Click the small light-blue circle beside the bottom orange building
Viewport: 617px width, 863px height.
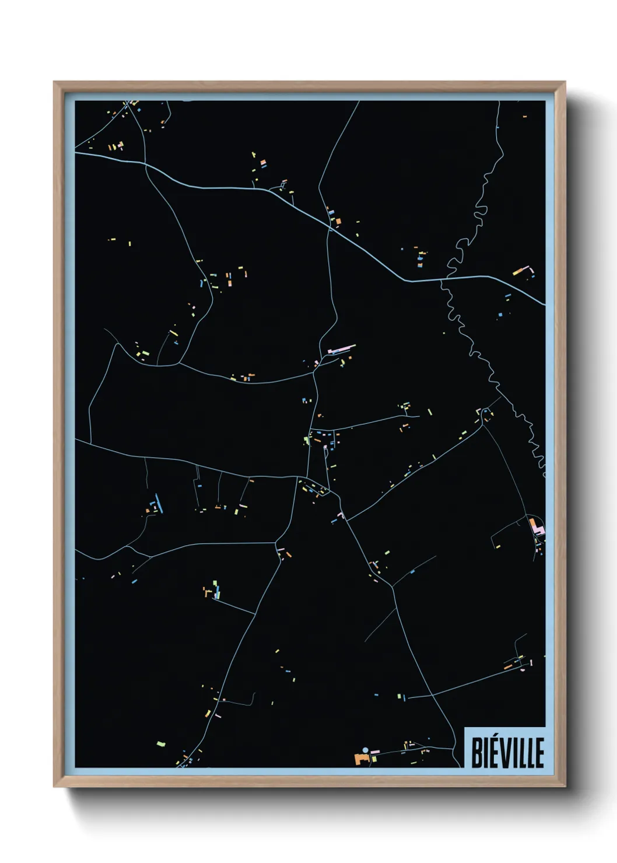(365, 750)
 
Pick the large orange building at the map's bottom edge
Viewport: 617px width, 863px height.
(360, 759)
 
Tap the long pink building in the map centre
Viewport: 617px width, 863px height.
(342, 349)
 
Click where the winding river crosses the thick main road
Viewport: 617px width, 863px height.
(441, 280)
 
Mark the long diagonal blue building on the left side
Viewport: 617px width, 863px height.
(158, 503)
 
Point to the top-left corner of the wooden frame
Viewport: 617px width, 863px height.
(54, 82)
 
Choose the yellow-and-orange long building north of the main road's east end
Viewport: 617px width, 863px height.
(520, 271)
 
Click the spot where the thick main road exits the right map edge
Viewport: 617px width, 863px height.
(544, 304)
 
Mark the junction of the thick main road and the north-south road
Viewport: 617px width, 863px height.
(329, 228)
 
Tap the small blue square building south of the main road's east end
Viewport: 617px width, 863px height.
(500, 314)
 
